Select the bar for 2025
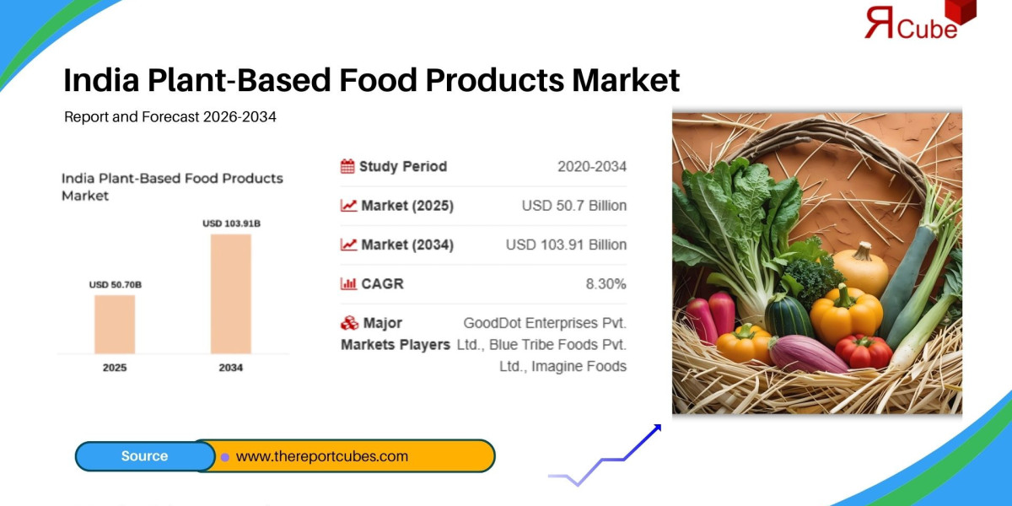click(115, 324)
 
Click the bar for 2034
click(231, 293)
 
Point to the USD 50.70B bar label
click(116, 285)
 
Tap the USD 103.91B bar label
click(231, 223)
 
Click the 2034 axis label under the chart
click(231, 368)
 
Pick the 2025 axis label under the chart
click(115, 368)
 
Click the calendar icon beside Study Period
click(347, 166)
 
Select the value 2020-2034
click(592, 166)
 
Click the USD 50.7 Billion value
click(574, 206)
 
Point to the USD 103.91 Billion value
click(566, 245)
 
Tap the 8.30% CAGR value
click(606, 283)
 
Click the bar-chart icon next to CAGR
click(348, 283)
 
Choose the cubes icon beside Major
click(349, 323)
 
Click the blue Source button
click(145, 456)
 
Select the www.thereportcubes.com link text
click(322, 456)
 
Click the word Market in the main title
click(626, 80)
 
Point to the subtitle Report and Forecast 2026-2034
click(170, 116)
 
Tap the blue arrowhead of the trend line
click(656, 428)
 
